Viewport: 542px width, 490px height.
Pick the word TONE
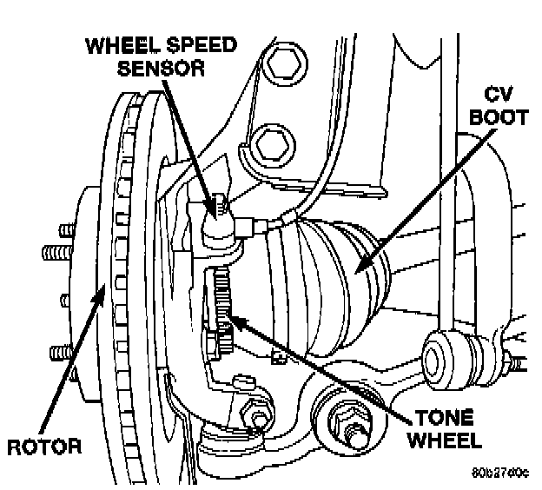[x=440, y=418]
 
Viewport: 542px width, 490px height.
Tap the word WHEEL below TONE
[x=440, y=440]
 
